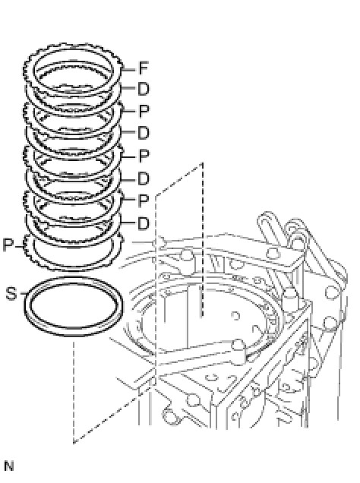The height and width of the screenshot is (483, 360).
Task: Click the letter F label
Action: pos(144,68)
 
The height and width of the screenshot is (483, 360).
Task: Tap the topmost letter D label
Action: pos(144,89)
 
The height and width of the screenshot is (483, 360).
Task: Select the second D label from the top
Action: pos(144,133)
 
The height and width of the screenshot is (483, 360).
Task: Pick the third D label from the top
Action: pos(144,179)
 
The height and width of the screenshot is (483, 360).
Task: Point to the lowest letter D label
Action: pos(144,223)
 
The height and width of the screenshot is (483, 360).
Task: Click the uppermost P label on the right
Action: pos(144,111)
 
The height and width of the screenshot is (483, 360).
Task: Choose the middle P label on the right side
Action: pos(144,156)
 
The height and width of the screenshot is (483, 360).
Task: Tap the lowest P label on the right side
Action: pos(144,200)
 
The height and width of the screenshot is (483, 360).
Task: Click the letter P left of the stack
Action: pos(8,245)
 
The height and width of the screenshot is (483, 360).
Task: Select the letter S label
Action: pos(11,294)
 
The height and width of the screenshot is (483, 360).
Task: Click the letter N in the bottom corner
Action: pos(9,466)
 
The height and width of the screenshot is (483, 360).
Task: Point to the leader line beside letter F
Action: pos(129,70)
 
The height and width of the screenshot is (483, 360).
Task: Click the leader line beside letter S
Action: pos(23,294)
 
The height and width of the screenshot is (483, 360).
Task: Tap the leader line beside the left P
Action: pos(20,246)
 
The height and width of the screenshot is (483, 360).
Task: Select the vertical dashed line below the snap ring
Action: pos(74,391)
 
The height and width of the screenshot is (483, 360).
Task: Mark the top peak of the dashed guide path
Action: pos(202,163)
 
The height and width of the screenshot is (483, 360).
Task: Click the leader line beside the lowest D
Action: pos(128,223)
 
